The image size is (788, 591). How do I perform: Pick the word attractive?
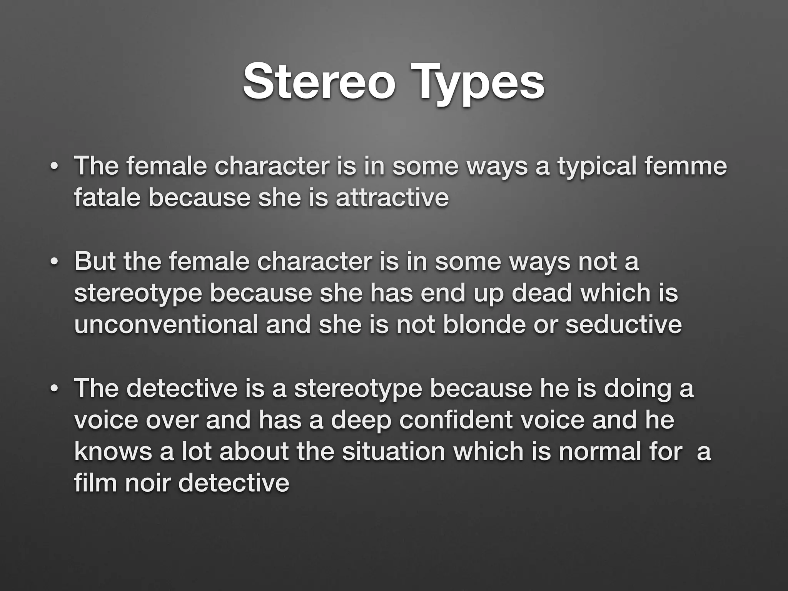[x=392, y=198]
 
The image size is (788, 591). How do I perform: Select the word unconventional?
[x=166, y=325]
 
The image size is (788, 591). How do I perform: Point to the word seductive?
[x=623, y=325]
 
